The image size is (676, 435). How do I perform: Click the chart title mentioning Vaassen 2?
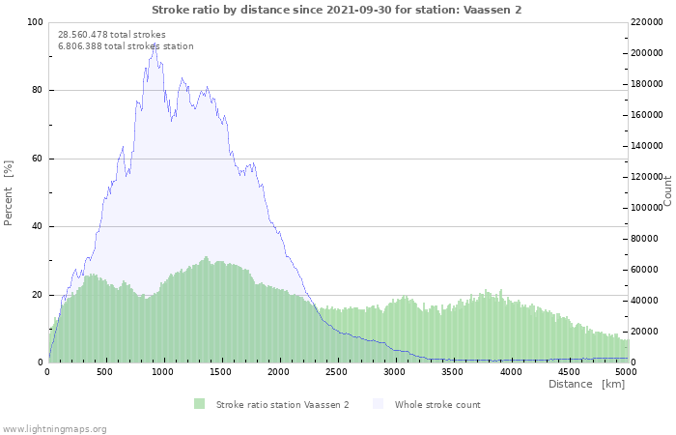pyautogui.click(x=337, y=9)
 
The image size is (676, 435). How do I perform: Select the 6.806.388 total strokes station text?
pyautogui.click(x=126, y=45)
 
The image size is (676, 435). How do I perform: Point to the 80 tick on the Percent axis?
pyautogui.click(x=37, y=90)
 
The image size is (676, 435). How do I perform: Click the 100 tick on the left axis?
pyautogui.click(x=35, y=22)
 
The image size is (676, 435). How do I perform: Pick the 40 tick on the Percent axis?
pyautogui.click(x=37, y=226)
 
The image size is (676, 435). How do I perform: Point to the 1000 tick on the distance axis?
pyautogui.click(x=163, y=371)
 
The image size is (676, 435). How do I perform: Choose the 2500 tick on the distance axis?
pyautogui.click(x=337, y=371)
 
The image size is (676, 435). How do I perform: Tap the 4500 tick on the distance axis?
pyautogui.click(x=569, y=371)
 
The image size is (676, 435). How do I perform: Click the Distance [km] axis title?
pyautogui.click(x=586, y=384)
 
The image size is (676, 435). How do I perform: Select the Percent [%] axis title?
pyautogui.click(x=9, y=193)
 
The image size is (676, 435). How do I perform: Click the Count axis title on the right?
pyautogui.click(x=667, y=191)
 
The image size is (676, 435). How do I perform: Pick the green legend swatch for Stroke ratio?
pyautogui.click(x=200, y=404)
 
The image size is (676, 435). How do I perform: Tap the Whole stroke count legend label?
pyautogui.click(x=437, y=404)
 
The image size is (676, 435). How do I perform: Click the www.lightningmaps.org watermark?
pyautogui.click(x=54, y=428)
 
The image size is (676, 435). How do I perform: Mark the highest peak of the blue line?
pyautogui.click(x=155, y=44)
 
